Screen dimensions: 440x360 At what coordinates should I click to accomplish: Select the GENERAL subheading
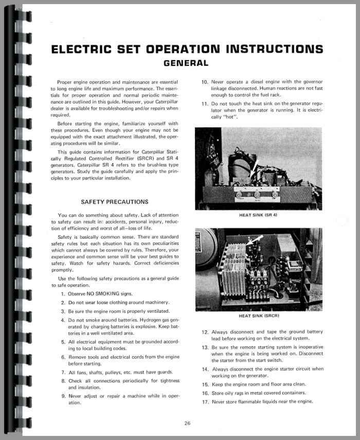186,63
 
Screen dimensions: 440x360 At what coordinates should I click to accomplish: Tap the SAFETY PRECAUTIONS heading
115,202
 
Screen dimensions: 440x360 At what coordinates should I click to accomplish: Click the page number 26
187,424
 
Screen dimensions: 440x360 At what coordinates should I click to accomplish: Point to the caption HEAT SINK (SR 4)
259,215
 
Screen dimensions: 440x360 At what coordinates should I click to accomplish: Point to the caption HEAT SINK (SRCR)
259,316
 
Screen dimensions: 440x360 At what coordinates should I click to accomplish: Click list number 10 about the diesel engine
204,82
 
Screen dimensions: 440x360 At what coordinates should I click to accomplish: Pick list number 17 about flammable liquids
204,401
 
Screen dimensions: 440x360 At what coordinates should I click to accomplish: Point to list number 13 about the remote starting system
204,347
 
